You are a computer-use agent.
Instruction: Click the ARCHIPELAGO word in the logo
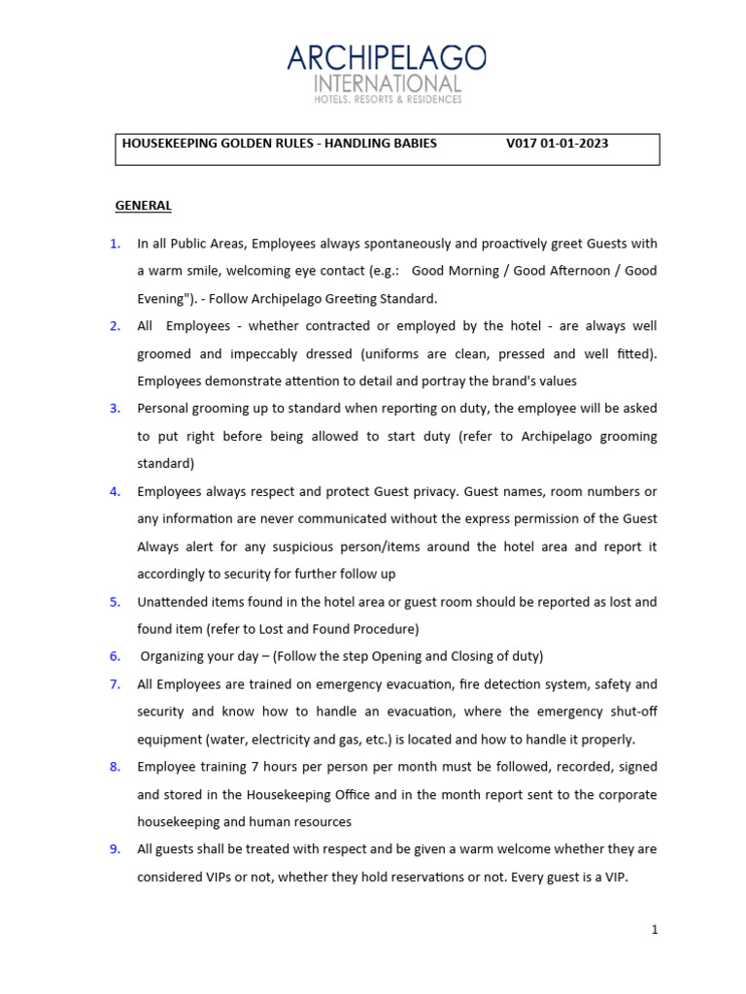pyautogui.click(x=387, y=58)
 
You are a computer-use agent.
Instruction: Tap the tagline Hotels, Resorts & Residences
pyautogui.click(x=387, y=99)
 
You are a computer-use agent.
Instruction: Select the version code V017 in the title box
pyautogui.click(x=523, y=144)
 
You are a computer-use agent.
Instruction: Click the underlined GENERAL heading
pyautogui.click(x=143, y=206)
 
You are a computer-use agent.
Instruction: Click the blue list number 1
pyautogui.click(x=115, y=244)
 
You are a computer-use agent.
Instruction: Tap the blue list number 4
pyautogui.click(x=115, y=491)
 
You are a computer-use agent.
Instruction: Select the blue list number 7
pyautogui.click(x=115, y=684)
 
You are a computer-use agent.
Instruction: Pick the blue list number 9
pyautogui.click(x=115, y=849)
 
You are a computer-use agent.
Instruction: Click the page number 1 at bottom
pyautogui.click(x=655, y=930)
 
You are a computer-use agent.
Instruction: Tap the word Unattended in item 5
pyautogui.click(x=171, y=602)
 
